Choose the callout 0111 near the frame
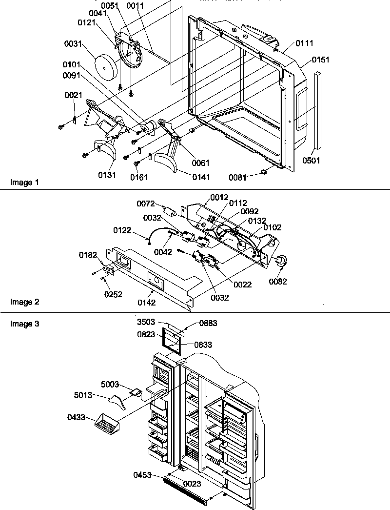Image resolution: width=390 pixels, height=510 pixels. pos(304,44)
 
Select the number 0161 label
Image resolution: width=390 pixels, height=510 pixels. pos(139,178)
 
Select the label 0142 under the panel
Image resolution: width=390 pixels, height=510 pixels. pos(146,303)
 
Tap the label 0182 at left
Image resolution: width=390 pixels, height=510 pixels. pos(88,255)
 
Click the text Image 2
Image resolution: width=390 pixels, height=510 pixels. pos(24,302)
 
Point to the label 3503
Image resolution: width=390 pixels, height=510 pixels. pos(145,323)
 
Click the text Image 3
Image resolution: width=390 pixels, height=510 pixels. pos(24,324)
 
